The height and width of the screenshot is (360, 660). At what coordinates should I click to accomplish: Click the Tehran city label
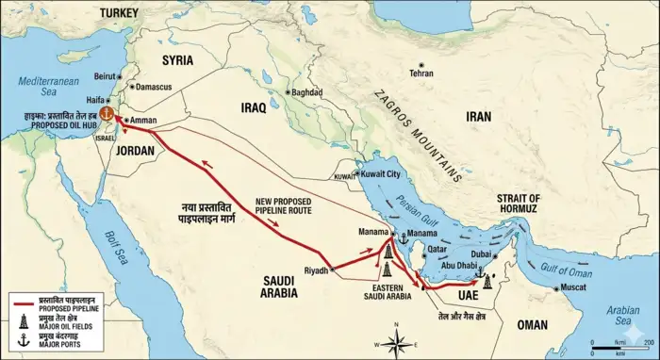(x=421, y=73)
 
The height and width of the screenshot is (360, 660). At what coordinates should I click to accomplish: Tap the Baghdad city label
(x=306, y=93)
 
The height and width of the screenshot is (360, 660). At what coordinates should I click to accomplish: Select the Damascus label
(x=154, y=87)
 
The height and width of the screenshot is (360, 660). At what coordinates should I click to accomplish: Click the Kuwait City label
(x=381, y=174)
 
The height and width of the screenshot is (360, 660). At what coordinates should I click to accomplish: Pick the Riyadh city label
(x=317, y=270)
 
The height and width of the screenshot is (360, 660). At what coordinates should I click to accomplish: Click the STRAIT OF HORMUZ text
(x=518, y=204)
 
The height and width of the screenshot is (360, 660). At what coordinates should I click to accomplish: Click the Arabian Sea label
(x=623, y=314)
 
